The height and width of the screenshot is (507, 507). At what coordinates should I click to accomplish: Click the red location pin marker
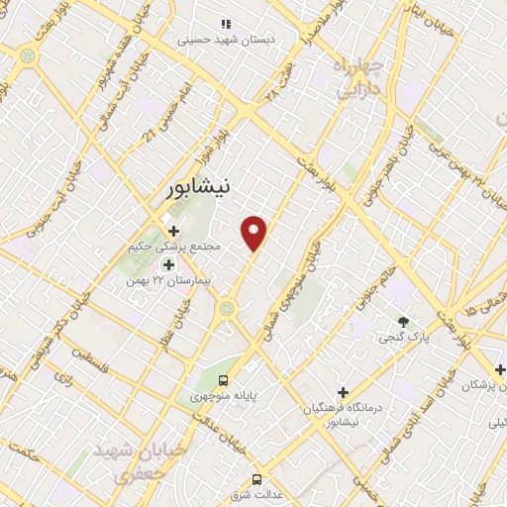[255, 231]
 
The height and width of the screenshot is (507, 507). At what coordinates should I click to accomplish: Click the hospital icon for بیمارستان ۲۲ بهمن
[167, 264]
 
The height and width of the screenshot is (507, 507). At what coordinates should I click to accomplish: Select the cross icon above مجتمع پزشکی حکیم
[173, 231]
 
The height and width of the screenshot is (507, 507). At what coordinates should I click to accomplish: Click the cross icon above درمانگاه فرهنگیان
[343, 392]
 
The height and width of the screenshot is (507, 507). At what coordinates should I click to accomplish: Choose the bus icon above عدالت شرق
[257, 479]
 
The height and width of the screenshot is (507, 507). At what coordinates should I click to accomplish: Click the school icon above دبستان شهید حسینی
[226, 23]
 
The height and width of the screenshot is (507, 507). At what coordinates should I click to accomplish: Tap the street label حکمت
[25, 455]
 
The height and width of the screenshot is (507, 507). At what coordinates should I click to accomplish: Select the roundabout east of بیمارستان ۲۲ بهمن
[229, 309]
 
